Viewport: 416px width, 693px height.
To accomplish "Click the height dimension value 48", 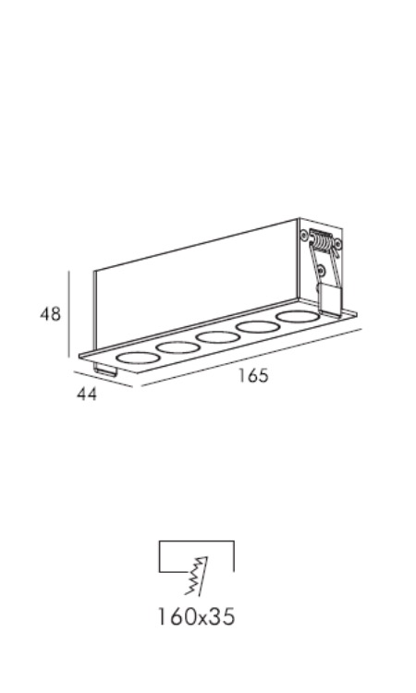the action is coord(50,314).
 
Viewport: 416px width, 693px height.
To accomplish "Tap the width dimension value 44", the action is coord(87,395).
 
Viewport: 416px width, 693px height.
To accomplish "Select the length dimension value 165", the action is coord(253,375).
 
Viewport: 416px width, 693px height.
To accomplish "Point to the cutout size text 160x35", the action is coord(196,616).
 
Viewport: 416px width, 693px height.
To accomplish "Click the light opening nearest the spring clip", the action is coord(298,317).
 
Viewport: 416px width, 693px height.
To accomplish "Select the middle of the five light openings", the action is coord(217,337).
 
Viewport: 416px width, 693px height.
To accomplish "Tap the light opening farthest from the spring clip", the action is coord(138,358).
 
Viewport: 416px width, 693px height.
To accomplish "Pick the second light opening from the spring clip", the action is coord(258,327).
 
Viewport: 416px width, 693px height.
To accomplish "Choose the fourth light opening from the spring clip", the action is coord(177,347).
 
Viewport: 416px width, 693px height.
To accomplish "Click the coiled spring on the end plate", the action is coord(322,242).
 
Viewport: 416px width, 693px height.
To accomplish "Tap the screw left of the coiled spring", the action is coord(304,235).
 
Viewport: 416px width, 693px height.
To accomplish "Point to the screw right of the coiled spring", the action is coord(338,244).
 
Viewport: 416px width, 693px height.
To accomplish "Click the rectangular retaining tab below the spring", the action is coord(331,300).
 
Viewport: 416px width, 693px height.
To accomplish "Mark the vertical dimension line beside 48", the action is coord(69,314).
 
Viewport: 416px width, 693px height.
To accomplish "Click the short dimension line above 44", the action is coord(103,379).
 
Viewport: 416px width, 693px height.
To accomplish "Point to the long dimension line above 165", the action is coord(251,358).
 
